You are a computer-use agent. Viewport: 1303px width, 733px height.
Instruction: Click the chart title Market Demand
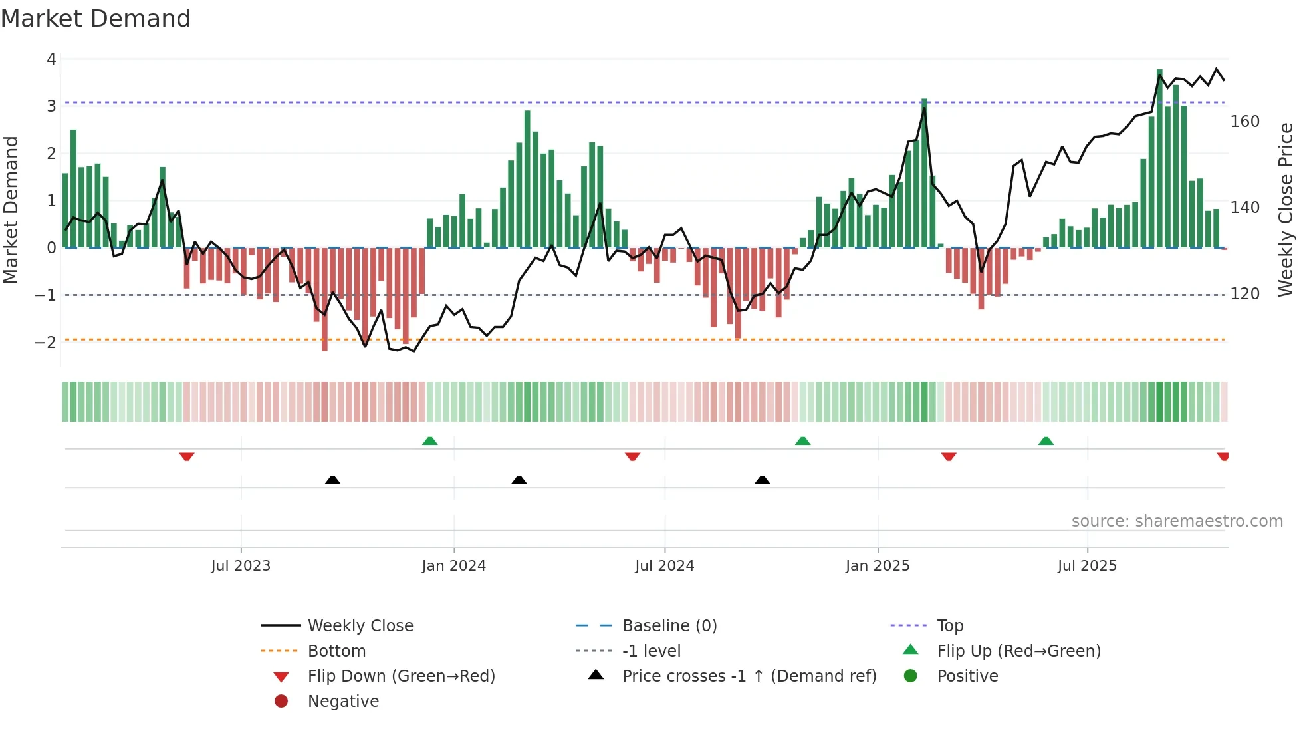click(96, 19)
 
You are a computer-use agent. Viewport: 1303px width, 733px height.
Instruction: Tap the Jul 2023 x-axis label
click(241, 566)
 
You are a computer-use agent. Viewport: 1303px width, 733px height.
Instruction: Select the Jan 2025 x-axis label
click(878, 566)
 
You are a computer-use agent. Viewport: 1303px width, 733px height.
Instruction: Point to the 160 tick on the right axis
click(1244, 122)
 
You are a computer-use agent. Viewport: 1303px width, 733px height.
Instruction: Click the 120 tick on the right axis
click(1244, 294)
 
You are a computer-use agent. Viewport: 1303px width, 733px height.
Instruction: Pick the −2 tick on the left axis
click(46, 343)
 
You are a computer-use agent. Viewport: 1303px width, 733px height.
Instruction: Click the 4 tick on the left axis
click(51, 59)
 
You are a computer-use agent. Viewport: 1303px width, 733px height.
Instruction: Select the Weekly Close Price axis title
click(1286, 210)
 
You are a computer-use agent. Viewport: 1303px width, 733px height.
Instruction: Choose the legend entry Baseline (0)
click(669, 626)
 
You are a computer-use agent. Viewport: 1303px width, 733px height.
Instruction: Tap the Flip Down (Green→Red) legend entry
click(401, 676)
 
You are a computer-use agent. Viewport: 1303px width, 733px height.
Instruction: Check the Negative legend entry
click(343, 702)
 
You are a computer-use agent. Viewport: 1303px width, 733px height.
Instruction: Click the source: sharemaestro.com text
click(1177, 521)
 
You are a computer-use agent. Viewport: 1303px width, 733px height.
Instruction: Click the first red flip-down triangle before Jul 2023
click(187, 456)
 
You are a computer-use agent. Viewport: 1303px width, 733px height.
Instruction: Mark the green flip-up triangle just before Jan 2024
click(430, 441)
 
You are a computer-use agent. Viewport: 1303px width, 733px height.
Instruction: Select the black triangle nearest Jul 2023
click(332, 480)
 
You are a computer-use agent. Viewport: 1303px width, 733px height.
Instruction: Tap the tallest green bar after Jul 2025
click(1159, 160)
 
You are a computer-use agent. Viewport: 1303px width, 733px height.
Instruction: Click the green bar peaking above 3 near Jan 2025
click(924, 173)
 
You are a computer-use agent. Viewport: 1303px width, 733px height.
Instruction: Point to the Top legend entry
click(950, 626)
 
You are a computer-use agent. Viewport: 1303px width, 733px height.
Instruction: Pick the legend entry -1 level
click(651, 651)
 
